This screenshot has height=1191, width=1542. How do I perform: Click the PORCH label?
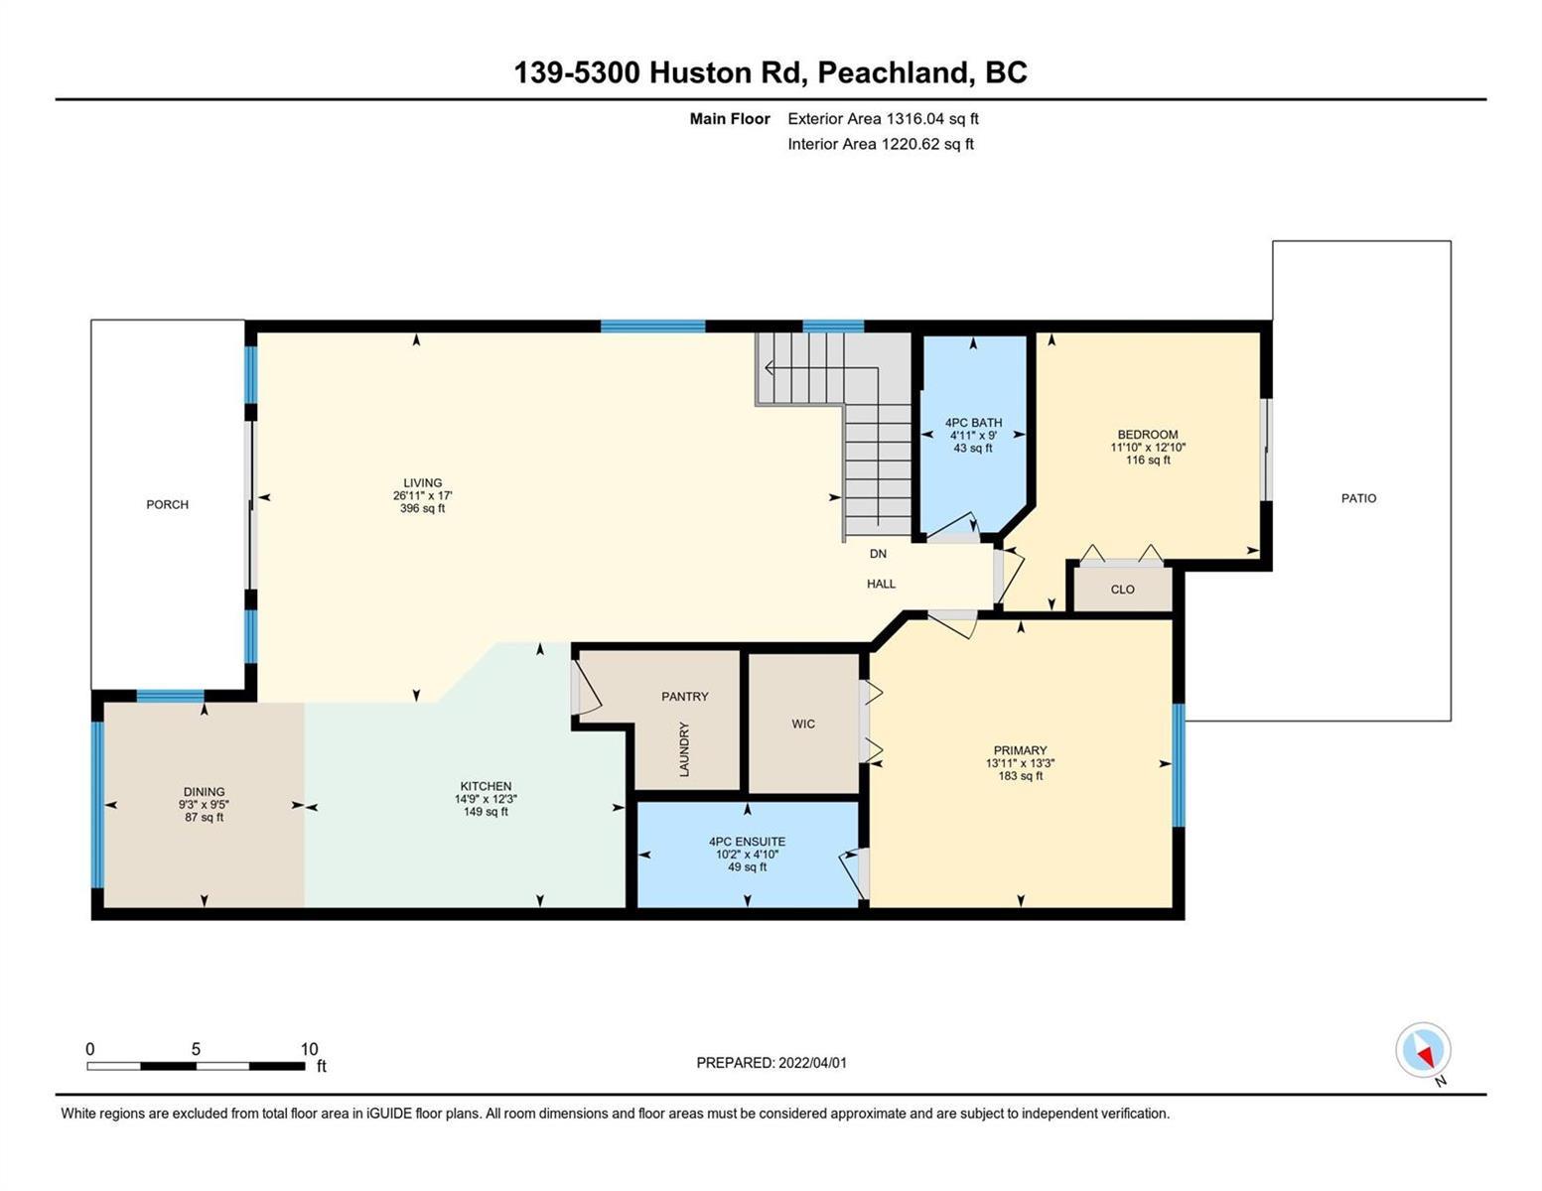tap(168, 504)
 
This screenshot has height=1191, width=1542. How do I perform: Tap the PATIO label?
tap(1358, 498)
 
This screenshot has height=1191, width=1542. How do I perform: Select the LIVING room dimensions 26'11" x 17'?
tap(422, 496)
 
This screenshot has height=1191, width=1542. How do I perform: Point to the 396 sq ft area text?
tap(422, 508)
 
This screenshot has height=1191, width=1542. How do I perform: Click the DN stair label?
tap(878, 553)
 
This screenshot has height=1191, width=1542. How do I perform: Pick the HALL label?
tap(881, 584)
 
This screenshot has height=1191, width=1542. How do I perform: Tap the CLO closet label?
tap(1122, 590)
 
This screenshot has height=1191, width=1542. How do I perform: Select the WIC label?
tap(803, 724)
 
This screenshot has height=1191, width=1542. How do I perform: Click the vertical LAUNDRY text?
tap(684, 749)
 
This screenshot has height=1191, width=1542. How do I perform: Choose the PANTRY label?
tap(685, 697)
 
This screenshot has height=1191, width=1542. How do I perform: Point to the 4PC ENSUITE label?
tap(747, 842)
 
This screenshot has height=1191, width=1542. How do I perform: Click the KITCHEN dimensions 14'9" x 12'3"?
tap(486, 799)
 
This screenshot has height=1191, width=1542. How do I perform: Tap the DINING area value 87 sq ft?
tap(204, 817)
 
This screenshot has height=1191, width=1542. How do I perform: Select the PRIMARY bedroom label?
tap(1020, 750)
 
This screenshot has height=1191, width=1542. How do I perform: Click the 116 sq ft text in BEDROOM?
tap(1148, 460)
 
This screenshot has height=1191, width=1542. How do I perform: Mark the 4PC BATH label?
tap(973, 423)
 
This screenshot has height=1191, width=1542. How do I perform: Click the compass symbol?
tap(1423, 1050)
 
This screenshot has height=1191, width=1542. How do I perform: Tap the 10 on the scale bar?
tap(309, 1049)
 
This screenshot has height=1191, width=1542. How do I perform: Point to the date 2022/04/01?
tap(812, 1063)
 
